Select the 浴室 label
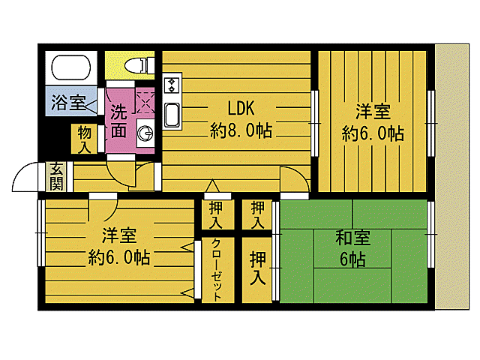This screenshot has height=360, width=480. (x=68, y=103)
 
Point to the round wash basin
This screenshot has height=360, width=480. (x=146, y=134)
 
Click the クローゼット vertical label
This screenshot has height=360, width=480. (x=216, y=269)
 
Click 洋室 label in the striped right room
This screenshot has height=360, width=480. (x=373, y=112)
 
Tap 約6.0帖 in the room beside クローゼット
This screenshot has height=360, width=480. (x=118, y=258)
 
